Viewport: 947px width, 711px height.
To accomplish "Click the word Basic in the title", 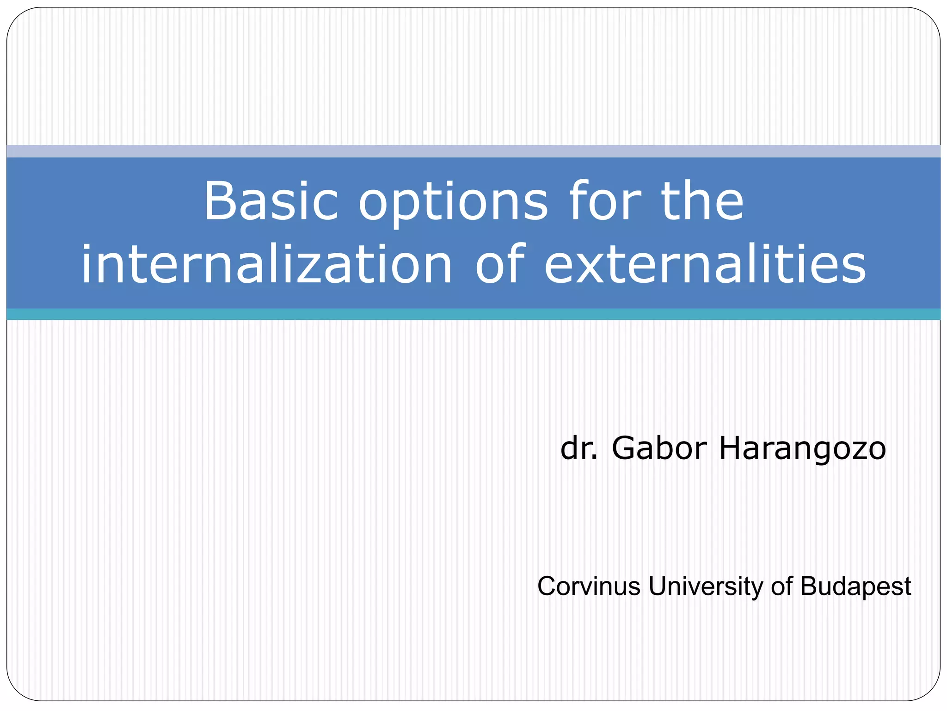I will (271, 201).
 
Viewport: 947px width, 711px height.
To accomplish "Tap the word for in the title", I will (606, 201).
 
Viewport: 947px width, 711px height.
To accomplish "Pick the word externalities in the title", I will (705, 265).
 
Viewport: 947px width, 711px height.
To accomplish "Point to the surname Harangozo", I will (802, 449).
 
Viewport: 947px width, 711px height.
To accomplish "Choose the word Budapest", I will (855, 587).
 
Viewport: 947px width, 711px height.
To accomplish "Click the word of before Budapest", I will (781, 586).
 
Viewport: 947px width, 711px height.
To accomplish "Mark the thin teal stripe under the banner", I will (473, 314).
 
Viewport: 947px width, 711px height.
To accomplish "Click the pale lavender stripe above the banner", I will (473, 151).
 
